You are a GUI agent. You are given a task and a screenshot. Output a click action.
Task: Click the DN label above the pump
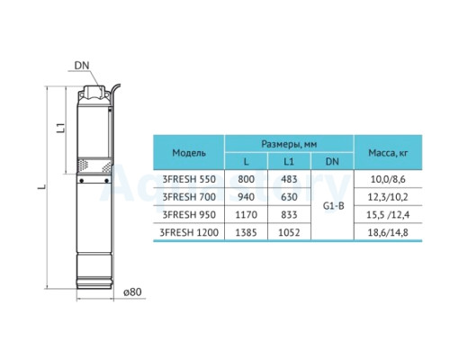[x=82, y=66]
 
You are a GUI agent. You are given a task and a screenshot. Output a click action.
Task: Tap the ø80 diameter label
[x=132, y=292]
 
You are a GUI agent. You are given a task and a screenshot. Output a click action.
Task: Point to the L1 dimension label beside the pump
[x=61, y=128]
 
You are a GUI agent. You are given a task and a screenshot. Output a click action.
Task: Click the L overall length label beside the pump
[x=43, y=186]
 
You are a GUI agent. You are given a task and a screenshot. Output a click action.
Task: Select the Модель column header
[x=189, y=153]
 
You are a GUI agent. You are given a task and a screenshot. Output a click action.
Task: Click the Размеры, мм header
[x=289, y=144]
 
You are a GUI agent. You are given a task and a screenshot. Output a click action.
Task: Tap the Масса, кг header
[x=388, y=153]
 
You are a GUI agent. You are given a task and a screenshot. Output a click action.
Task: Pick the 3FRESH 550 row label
[x=189, y=179]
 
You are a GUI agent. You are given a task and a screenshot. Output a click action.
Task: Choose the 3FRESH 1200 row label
[x=189, y=232]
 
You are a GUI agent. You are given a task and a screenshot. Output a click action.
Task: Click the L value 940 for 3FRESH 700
[x=246, y=197]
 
